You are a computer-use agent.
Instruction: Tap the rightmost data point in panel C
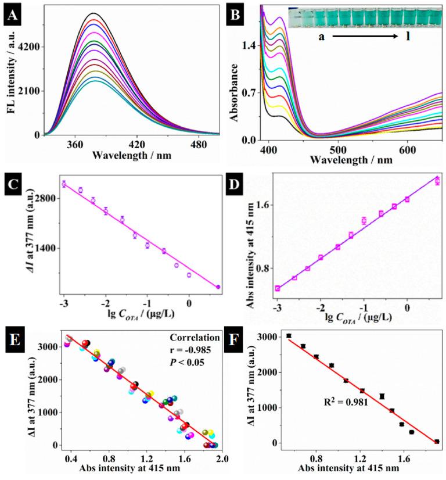click(x=218, y=286)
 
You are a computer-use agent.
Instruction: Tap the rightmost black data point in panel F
click(x=437, y=442)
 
